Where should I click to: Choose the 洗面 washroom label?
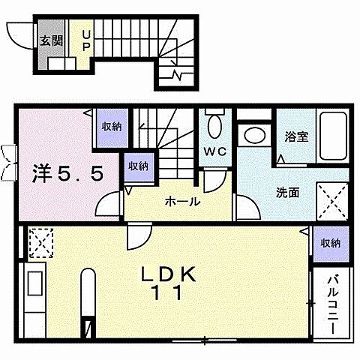(x=287, y=192)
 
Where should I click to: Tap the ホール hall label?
(x=182, y=201)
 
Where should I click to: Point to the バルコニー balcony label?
(x=332, y=304)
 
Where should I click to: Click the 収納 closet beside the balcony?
(x=331, y=243)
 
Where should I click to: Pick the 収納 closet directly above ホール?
(x=139, y=166)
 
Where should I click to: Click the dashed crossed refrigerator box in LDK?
(x=38, y=242)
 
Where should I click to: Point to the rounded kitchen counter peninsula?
(x=87, y=296)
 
